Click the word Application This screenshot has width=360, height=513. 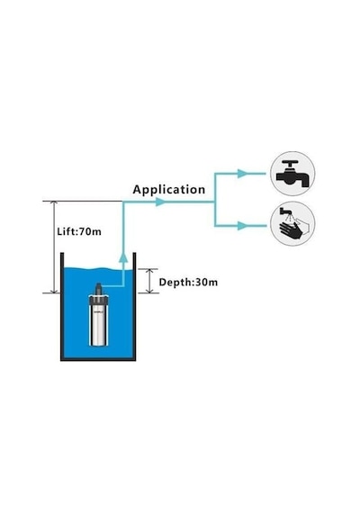click(x=169, y=190)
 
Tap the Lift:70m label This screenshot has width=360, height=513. click(x=79, y=231)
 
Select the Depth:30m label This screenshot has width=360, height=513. click(x=188, y=282)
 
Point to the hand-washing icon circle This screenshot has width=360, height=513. click(x=292, y=224)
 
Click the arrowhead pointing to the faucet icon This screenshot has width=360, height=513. click(x=242, y=174)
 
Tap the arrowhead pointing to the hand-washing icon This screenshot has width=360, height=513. click(x=242, y=226)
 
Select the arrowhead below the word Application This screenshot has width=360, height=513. click(x=160, y=202)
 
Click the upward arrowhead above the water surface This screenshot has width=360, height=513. click(x=123, y=257)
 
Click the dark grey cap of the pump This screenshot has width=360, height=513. click(x=98, y=300)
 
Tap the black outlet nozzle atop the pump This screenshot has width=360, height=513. click(x=98, y=289)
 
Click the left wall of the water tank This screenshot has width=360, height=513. click(x=62, y=306)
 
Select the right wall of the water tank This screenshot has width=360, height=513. click(x=134, y=306)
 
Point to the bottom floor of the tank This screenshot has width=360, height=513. click(x=98, y=359)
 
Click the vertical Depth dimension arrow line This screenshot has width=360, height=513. click(x=149, y=281)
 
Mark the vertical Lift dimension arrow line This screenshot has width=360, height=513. click(x=54, y=247)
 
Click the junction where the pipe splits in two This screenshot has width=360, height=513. click(x=215, y=202)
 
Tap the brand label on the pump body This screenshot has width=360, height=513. click(x=98, y=311)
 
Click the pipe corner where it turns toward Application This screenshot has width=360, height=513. click(x=123, y=202)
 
